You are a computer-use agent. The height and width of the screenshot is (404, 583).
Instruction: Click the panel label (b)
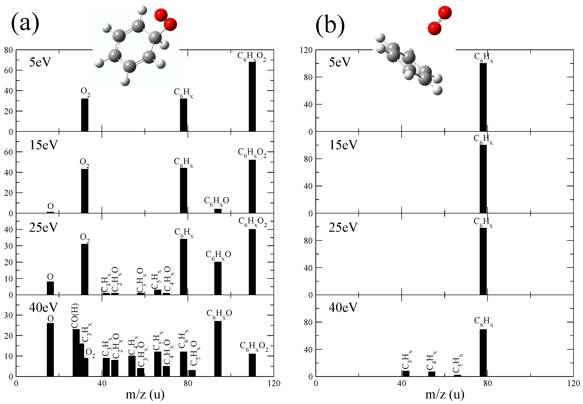[x=330, y=25]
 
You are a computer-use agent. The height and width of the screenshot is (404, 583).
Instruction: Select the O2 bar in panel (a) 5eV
[x=84, y=115]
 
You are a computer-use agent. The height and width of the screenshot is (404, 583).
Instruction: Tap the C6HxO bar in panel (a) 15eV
[x=218, y=211]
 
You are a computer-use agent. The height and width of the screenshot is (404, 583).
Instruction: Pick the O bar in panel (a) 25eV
[x=50, y=288]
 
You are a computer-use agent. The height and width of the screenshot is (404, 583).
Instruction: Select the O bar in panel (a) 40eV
[x=50, y=350]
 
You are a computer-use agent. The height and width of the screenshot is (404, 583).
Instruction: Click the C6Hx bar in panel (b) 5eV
[x=483, y=97]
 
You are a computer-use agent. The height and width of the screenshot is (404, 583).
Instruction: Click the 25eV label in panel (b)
[x=343, y=227]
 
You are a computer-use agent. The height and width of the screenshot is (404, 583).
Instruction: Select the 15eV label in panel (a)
[x=44, y=145]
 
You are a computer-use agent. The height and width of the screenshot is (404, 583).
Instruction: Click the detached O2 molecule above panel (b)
[x=440, y=20]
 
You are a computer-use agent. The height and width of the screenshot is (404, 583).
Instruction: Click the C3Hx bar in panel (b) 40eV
[x=406, y=373]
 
